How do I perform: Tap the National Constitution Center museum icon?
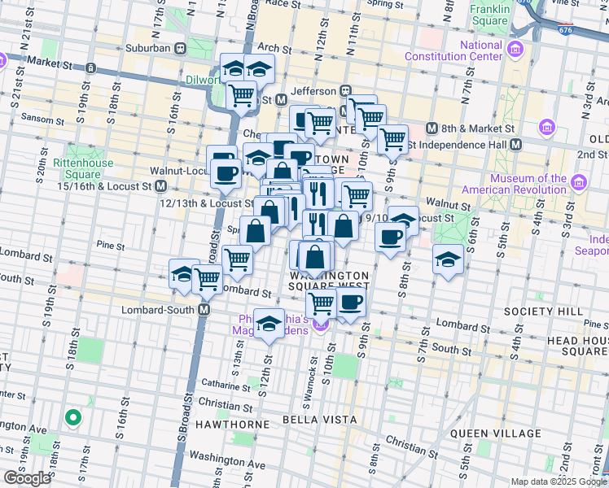coord(515,51)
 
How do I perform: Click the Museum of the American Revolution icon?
coord(579,181)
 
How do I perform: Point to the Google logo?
coord(27,477)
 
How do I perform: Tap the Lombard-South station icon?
coord(204,310)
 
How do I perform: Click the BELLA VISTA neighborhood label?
coord(320,420)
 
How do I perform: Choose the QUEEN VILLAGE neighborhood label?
coord(508,434)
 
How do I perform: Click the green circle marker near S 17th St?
coord(72,418)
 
